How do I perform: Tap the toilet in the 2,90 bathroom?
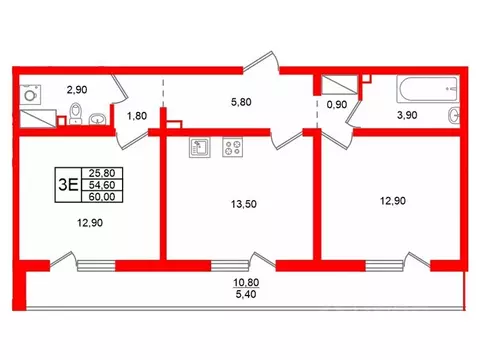97,121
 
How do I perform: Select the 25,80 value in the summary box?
101,172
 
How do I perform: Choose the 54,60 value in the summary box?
101,184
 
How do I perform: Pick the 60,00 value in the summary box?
101,197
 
